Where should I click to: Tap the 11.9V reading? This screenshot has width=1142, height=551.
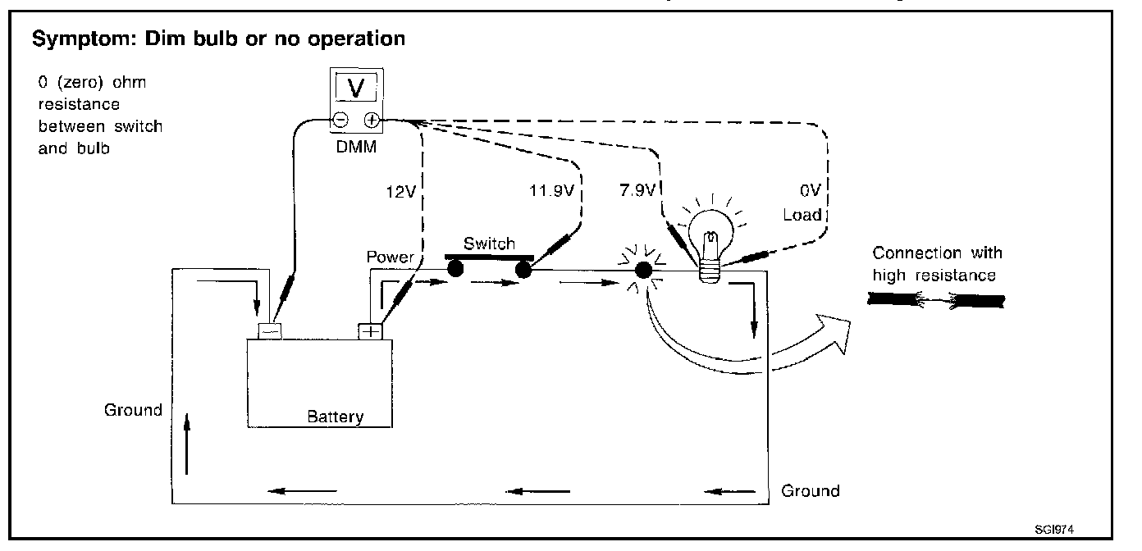click(551, 193)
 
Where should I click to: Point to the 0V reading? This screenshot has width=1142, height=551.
click(810, 193)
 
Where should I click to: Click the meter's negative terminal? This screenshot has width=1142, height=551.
click(340, 121)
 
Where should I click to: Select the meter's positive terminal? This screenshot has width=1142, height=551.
click(371, 121)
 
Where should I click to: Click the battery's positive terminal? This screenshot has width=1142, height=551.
click(371, 330)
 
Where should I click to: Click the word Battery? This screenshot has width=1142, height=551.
click(335, 417)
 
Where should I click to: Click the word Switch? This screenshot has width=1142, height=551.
click(489, 244)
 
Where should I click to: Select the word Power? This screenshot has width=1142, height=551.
click(391, 257)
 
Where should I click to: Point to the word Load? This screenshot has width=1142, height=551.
click(802, 215)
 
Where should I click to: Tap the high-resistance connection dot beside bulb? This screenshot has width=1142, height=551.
click(643, 270)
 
